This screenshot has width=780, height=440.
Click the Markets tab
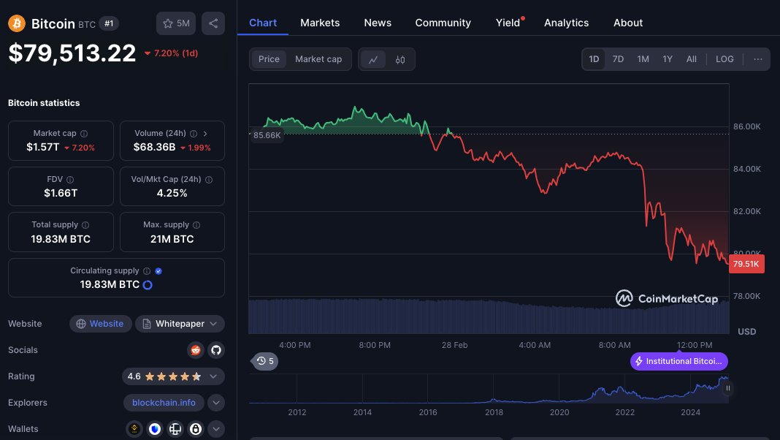coord(320,23)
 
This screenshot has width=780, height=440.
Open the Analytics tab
coord(566,23)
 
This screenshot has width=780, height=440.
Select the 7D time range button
coord(618,59)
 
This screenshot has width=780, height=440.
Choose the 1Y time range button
coord(667,59)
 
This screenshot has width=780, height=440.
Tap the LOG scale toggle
coord(724,59)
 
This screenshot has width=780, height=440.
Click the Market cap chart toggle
coord(318,59)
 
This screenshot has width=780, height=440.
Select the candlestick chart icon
coord(399,60)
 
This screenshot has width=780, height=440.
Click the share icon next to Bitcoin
coord(213,23)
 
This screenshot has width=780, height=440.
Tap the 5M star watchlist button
coord(176,23)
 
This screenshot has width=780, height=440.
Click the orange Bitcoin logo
coord(16,23)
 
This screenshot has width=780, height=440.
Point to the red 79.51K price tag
coord(746,264)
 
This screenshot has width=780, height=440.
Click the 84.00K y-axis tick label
coord(747,169)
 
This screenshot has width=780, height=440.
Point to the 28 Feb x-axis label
coord(455,345)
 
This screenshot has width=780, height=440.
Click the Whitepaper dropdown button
coord(180,324)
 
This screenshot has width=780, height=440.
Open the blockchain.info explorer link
coord(164,403)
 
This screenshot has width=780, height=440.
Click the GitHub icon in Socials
coord(215,350)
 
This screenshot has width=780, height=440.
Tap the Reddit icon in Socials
coord(195,350)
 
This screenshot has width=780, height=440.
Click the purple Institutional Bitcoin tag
coord(679,361)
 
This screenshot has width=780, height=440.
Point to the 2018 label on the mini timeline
coord(494,412)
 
